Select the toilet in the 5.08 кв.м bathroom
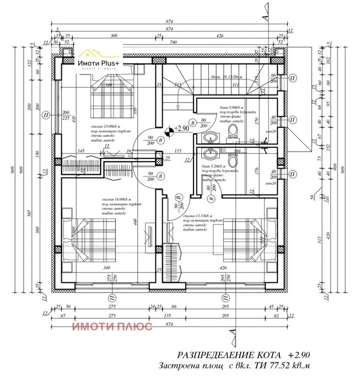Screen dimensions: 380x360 click(233, 131)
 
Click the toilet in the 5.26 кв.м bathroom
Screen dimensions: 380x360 click(234, 159)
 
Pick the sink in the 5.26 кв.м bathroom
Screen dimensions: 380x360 click(209, 154)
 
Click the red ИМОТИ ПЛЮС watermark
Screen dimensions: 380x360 click(112, 326)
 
